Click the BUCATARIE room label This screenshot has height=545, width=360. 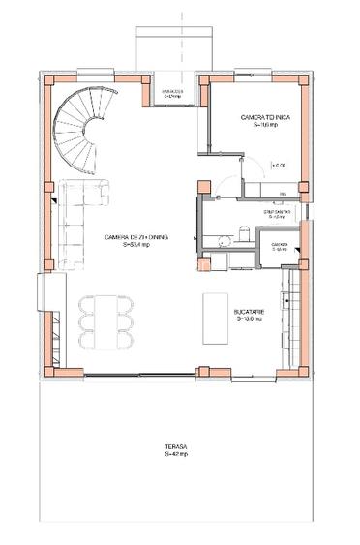coord(251,311)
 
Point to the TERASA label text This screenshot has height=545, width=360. coord(175,445)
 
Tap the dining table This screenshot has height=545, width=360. coord(104,320)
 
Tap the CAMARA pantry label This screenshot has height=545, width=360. coord(280,244)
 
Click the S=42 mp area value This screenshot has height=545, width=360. coord(175,453)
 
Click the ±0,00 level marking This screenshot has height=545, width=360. coord(278,166)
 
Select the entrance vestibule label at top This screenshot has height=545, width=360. coord(173,93)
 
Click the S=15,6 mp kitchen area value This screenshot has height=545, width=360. coord(251,318)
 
